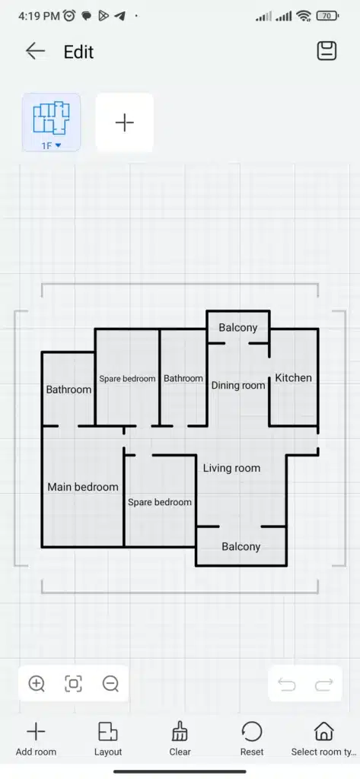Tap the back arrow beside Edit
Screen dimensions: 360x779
pos(35,51)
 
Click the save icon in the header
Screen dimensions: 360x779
pos(327,51)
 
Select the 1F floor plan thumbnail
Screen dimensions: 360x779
pos(51,122)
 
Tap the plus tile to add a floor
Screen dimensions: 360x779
pos(124,122)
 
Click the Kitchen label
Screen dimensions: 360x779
pos(293,377)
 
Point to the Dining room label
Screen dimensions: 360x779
pos(238,386)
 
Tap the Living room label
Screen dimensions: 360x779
pos(231,468)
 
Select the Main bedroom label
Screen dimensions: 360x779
pos(83,487)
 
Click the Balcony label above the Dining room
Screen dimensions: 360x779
pos(238,327)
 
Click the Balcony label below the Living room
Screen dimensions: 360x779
pos(241,546)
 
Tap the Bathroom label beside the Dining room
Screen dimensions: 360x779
pos(183,379)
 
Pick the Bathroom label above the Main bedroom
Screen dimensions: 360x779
pos(68,389)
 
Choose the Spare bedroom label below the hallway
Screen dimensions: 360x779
pos(160,502)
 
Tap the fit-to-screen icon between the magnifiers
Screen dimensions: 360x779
pos(74,684)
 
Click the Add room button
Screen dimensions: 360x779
pos(36,739)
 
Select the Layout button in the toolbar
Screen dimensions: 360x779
pos(108,739)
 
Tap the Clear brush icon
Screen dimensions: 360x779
pos(180,731)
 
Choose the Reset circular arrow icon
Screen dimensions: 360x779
pos(252,731)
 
